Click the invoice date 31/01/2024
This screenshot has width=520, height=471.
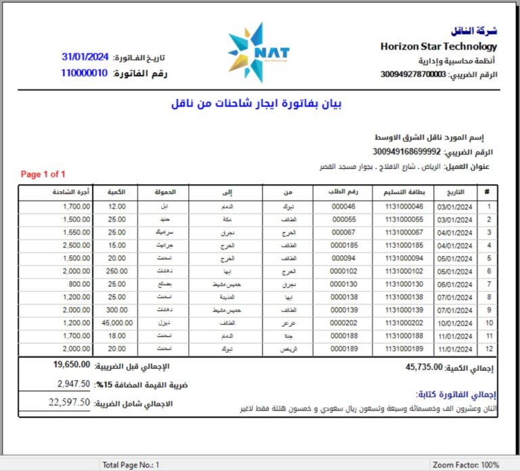(85, 57)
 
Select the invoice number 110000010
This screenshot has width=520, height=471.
(84, 73)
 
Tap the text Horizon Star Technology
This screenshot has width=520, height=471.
(439, 47)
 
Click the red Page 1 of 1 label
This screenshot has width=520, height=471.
(43, 174)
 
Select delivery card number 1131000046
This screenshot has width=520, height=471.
(404, 207)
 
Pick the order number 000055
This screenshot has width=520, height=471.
(343, 220)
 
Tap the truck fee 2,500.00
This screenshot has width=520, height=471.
(76, 245)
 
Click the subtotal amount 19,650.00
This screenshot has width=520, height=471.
(72, 365)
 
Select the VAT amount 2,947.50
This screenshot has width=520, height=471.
(74, 384)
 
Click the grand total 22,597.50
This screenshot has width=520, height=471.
(70, 403)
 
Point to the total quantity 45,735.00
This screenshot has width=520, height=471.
(424, 367)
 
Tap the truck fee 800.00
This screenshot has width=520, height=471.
(79, 284)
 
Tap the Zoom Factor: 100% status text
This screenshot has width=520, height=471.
(467, 465)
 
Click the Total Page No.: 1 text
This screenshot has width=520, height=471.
(131, 465)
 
